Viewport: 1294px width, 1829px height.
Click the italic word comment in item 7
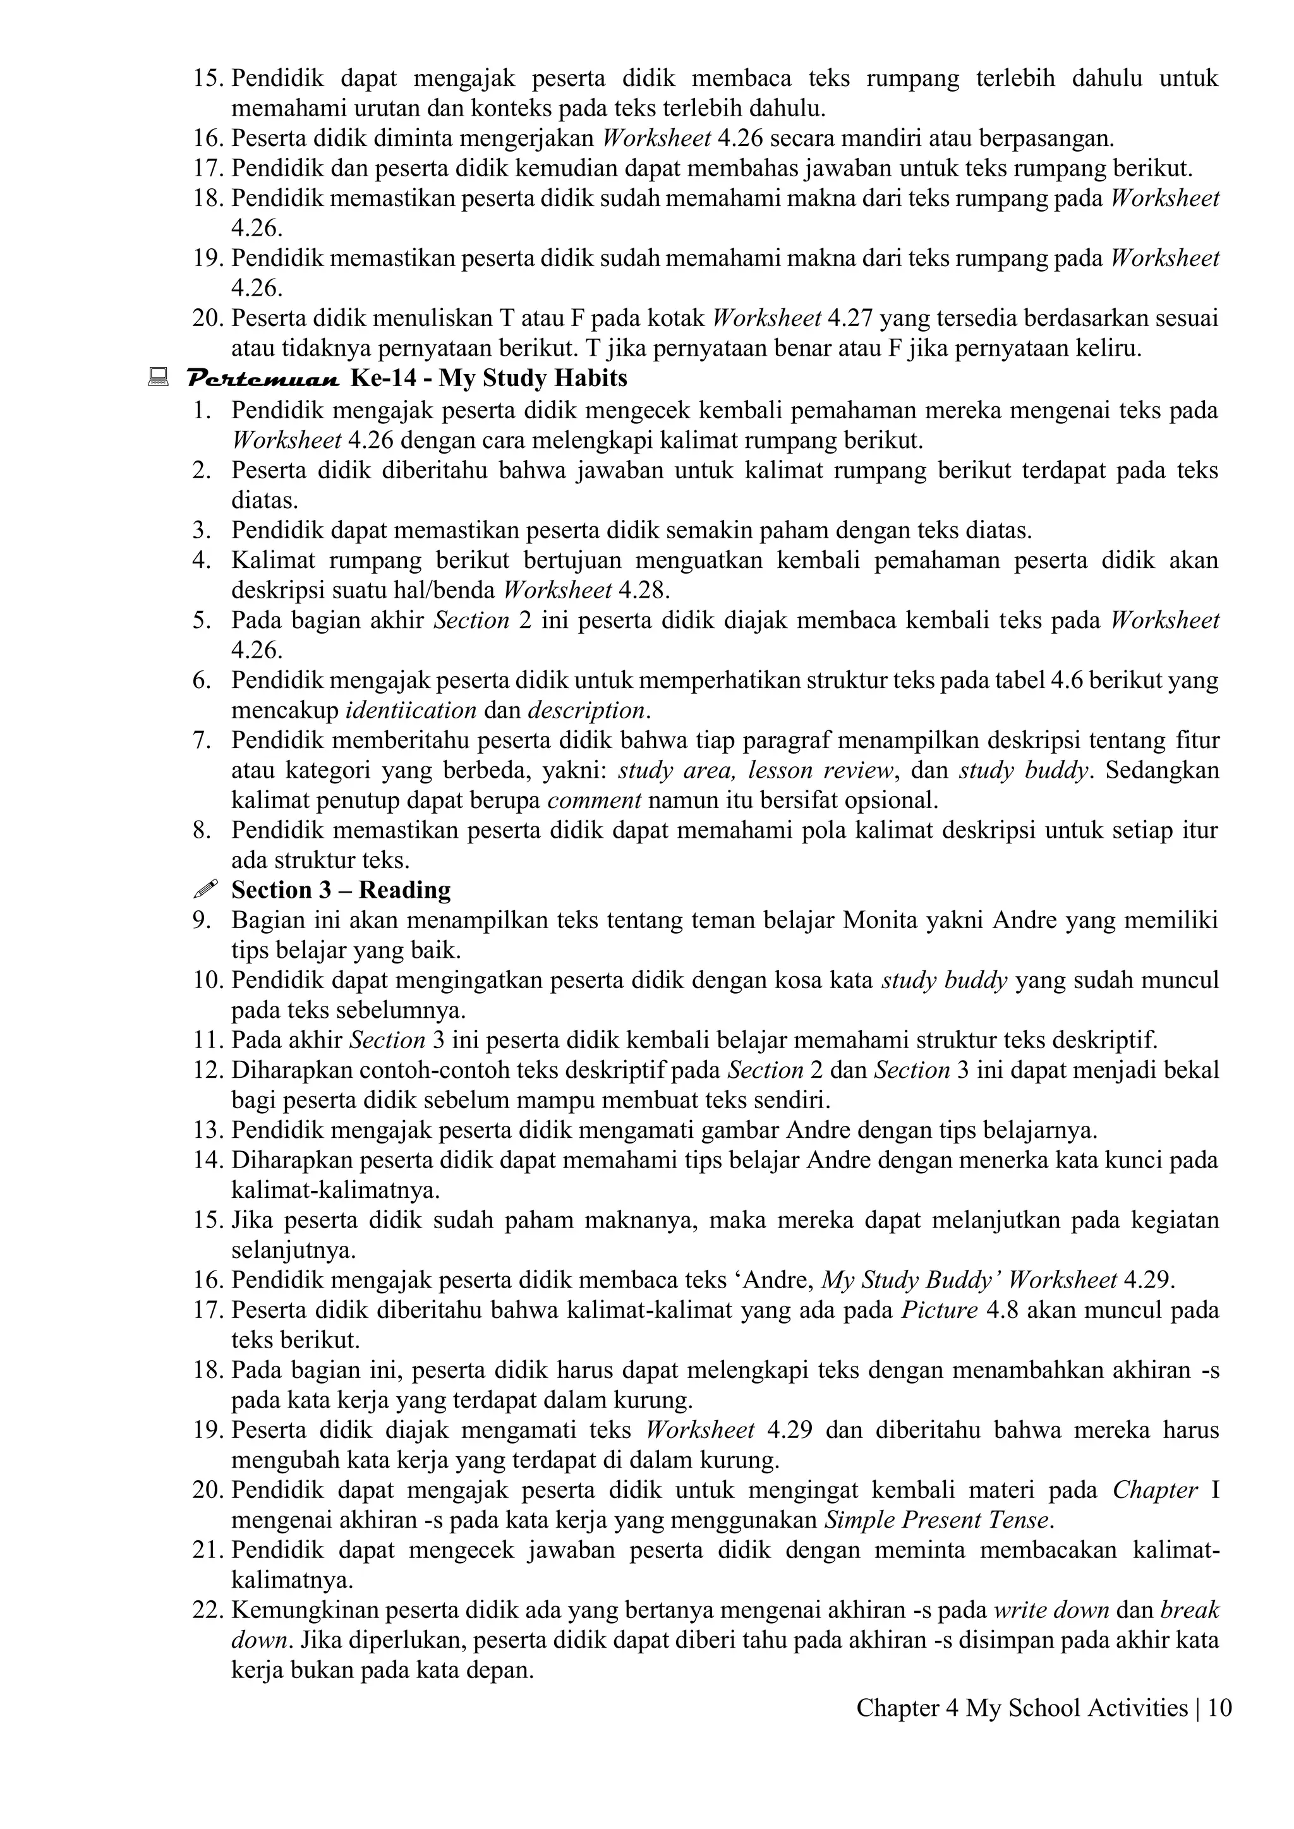595,800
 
